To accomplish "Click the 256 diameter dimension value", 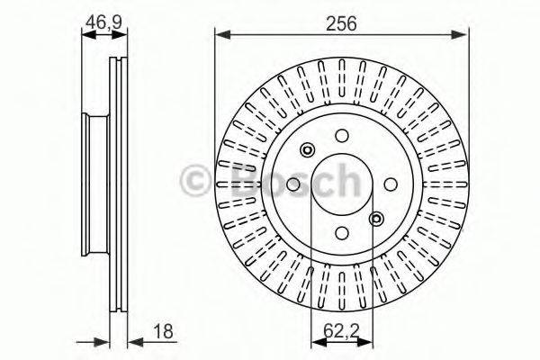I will point(342,24).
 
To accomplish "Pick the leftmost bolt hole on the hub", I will point(293,184).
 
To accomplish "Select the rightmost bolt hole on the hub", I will point(391,184).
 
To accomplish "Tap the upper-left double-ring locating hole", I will point(308,150).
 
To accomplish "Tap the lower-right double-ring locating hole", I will point(376,218).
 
